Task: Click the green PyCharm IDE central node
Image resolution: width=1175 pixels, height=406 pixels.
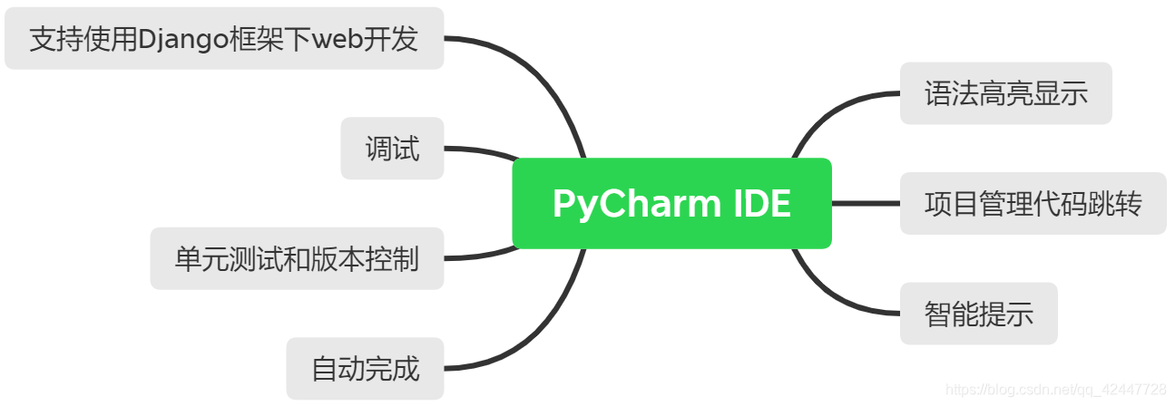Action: (x=671, y=203)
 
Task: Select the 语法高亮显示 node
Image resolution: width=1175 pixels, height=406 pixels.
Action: (x=1005, y=93)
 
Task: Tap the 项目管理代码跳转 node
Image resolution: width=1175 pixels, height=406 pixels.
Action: (x=1033, y=203)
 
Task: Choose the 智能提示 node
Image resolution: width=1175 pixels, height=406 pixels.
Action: (x=978, y=314)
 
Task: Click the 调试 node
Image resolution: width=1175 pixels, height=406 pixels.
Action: (x=392, y=148)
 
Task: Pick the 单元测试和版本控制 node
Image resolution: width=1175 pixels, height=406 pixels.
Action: (x=297, y=258)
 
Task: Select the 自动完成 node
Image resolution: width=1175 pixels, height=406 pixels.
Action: (x=365, y=369)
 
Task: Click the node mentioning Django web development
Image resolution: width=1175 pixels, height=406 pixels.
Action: (x=223, y=39)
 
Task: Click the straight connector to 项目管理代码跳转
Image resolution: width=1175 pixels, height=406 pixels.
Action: (x=866, y=203)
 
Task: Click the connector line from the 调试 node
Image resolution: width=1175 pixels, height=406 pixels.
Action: (x=481, y=150)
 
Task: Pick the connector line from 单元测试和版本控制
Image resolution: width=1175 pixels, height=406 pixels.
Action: (x=481, y=256)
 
